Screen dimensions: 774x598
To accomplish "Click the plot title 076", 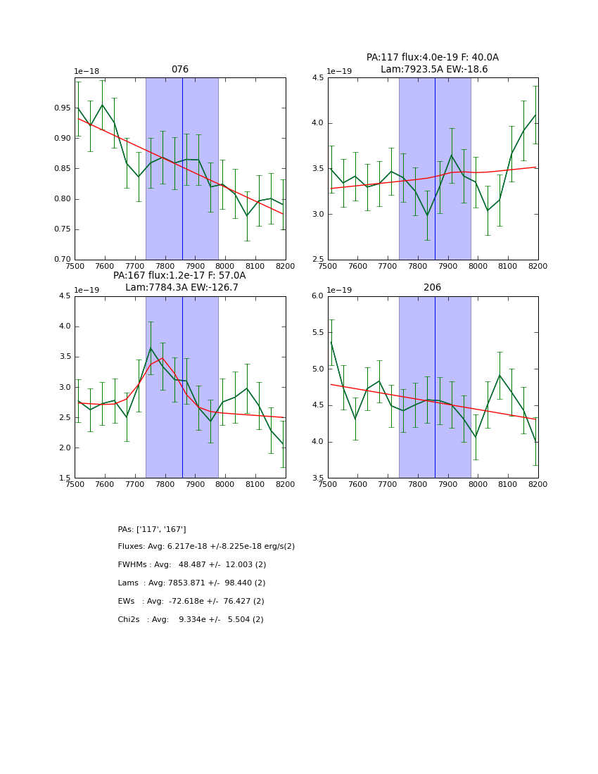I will [180, 70].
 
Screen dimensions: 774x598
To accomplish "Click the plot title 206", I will [432, 288].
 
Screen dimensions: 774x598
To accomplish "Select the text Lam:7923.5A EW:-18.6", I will [434, 70].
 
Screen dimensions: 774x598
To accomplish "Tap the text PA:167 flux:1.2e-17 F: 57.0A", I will [179, 276].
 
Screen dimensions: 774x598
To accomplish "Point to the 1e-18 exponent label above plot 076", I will [87, 72].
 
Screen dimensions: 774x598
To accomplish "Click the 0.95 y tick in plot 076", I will [62, 108].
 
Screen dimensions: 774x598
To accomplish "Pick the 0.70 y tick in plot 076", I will [62, 260].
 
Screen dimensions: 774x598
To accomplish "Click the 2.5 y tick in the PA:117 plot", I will [317, 260].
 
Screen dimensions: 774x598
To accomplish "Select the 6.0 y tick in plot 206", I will [317, 296].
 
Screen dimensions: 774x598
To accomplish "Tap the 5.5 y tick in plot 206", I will [317, 332].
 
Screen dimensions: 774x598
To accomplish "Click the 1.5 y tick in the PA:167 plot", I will [64, 478].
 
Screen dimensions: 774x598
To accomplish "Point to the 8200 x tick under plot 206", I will [538, 486].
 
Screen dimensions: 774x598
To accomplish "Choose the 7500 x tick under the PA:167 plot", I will [75, 486].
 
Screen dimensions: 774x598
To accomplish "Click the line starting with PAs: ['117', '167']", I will [152, 529].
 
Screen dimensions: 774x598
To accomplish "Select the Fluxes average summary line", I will [206, 547].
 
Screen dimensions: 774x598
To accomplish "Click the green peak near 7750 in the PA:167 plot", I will [151, 348].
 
